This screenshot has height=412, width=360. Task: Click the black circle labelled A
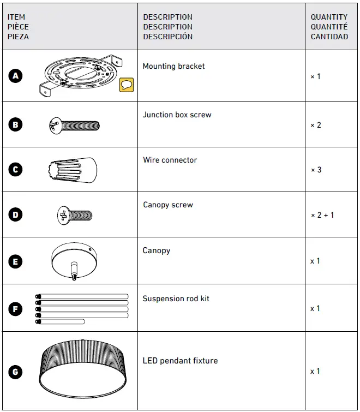[16, 76]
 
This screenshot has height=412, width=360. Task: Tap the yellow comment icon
[127, 85]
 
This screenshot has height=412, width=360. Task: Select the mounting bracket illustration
[79, 77]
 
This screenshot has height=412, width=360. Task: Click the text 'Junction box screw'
[177, 115]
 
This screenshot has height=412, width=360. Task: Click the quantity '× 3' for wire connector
[316, 170]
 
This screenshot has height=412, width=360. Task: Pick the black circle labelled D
[16, 214]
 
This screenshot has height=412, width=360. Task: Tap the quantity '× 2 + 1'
[322, 215]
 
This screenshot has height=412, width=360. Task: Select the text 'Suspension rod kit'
[176, 298]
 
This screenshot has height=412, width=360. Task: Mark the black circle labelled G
[16, 372]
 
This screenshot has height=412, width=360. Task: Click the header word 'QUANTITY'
[329, 17]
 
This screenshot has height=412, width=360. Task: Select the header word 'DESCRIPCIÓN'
[167, 37]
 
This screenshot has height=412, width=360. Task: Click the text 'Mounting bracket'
[173, 66]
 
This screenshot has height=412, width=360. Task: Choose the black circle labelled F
[16, 309]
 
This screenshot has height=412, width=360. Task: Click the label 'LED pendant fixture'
[180, 361]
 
